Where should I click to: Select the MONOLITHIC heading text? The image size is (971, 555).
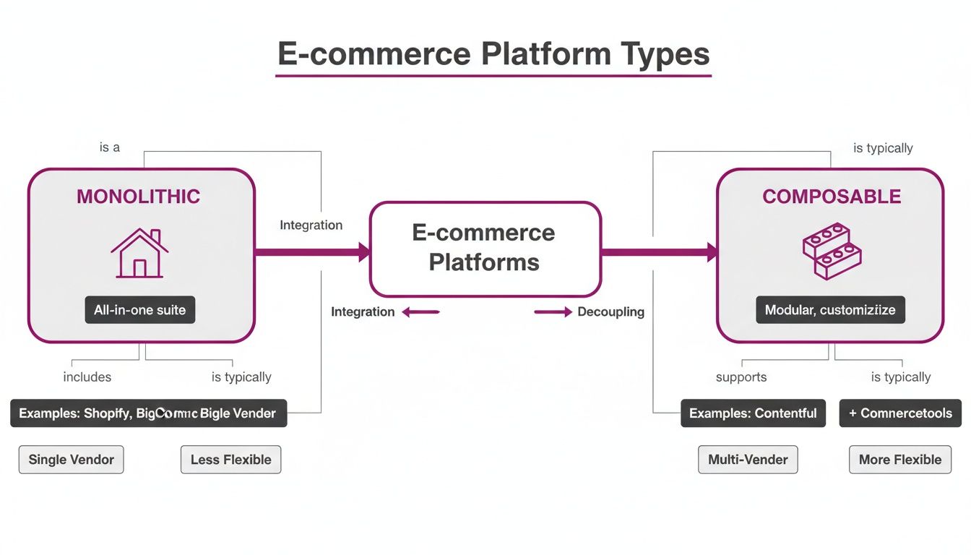coord(138,197)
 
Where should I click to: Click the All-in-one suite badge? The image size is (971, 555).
coord(139,310)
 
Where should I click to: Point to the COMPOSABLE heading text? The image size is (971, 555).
coord(832,197)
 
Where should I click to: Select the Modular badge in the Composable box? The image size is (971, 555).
coord(830,310)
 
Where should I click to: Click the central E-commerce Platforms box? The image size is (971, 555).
coord(485,249)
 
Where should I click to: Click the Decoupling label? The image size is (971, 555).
coord(610,312)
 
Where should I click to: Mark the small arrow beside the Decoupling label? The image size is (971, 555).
coord(553,312)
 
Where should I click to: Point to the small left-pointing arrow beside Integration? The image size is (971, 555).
coord(420,312)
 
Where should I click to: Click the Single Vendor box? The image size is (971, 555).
coord(71,460)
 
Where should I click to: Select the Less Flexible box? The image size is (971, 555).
coord(230,460)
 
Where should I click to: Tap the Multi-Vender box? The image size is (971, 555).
coord(748,460)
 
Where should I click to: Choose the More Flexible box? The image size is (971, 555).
coord(899,460)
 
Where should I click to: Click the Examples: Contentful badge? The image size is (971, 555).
coord(753,413)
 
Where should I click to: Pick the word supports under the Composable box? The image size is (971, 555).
coord(741,377)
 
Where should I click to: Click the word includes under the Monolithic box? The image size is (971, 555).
coord(87,377)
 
